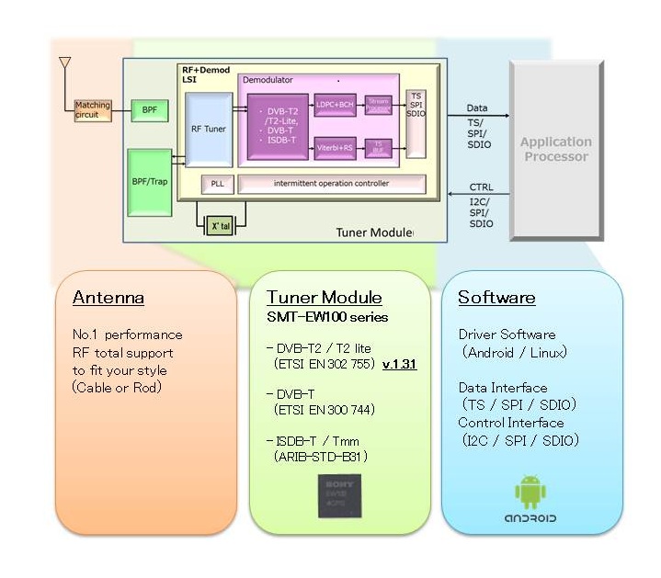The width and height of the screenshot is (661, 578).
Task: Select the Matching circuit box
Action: coord(92,110)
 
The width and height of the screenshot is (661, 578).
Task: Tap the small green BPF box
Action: coord(149,110)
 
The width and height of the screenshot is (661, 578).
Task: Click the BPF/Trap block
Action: coord(150,180)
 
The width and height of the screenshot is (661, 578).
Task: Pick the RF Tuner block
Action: coord(208,130)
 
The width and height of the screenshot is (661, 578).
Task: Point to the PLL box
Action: coord(218,184)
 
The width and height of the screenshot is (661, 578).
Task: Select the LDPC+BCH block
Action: coord(335,105)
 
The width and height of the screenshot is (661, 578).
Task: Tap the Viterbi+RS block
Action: coord(335,147)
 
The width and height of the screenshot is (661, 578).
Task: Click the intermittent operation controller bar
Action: coord(331,184)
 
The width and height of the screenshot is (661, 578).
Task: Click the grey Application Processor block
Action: coord(555,149)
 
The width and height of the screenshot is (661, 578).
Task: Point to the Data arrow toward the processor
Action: coord(477,117)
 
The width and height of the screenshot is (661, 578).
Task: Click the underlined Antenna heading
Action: coord(108,298)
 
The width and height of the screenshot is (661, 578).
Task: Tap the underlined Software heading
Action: coord(496,298)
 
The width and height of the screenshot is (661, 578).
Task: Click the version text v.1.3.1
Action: coord(399,364)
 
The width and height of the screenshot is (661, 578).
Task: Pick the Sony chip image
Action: coord(339,494)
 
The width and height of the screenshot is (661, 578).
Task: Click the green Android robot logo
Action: coord(530,492)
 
